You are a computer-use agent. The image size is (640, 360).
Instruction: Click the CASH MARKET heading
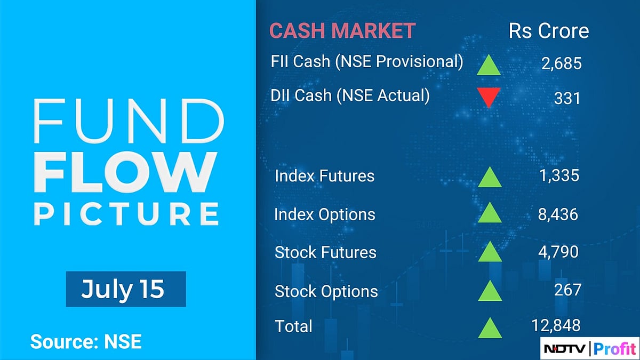[x=342, y=31]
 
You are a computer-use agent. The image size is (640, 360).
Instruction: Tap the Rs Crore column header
[x=549, y=31]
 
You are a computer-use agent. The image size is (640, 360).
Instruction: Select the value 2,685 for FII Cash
[x=561, y=64]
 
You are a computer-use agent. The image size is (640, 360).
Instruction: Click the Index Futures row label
[x=324, y=176]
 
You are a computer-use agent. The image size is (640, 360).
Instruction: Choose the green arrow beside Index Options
[x=490, y=213]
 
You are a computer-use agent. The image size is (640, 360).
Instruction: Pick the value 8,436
[x=557, y=214]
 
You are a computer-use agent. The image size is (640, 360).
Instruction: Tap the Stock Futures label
[x=325, y=252]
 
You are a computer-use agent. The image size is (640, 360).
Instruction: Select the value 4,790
[x=558, y=252]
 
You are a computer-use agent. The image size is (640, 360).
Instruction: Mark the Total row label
[x=293, y=326]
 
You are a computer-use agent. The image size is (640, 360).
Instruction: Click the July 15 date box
[x=126, y=289]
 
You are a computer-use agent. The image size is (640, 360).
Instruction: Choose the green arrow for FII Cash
[x=488, y=65]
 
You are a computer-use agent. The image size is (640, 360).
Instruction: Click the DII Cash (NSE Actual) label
[x=350, y=95]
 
